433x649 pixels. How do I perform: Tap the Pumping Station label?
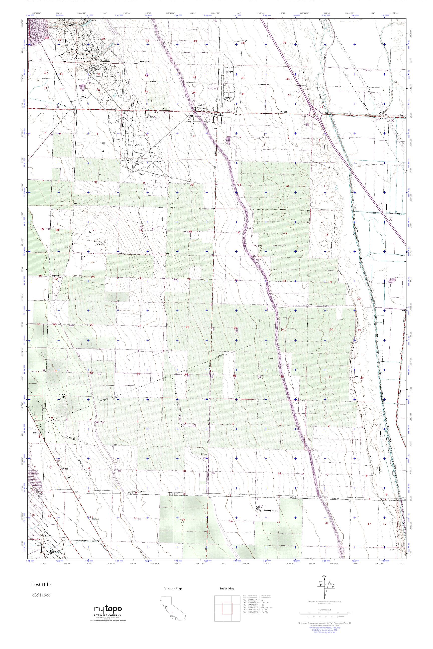[x=271, y=511]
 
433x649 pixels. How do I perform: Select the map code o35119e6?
[x=41, y=595]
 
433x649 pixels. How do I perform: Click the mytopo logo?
[x=108, y=609]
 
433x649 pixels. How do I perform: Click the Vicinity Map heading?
[x=173, y=588]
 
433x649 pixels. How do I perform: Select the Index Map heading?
[x=227, y=588]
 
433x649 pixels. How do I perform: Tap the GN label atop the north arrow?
[x=324, y=576]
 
